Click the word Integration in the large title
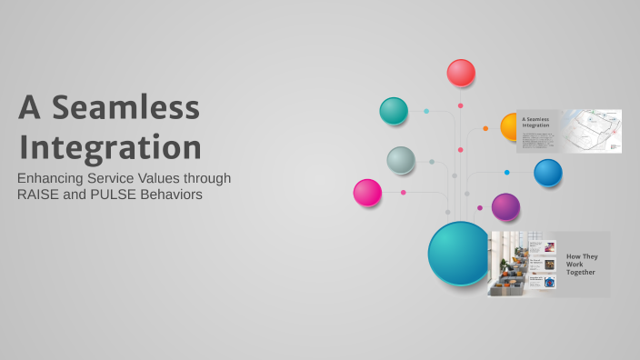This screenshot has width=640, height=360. [110, 146]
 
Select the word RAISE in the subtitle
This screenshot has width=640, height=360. [43, 195]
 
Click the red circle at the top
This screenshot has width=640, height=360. [461, 73]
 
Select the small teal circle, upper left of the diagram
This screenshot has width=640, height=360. [394, 111]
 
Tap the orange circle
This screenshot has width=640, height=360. [510, 126]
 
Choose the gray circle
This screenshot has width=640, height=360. [401, 160]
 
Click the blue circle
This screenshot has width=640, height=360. [547, 173]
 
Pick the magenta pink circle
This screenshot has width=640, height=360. [367, 193]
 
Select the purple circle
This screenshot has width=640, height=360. [505, 206]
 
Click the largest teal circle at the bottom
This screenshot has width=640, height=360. [460, 254]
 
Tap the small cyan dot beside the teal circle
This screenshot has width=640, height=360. [425, 111]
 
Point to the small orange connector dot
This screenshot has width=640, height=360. [485, 128]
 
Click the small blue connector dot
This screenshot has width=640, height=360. [506, 172]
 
